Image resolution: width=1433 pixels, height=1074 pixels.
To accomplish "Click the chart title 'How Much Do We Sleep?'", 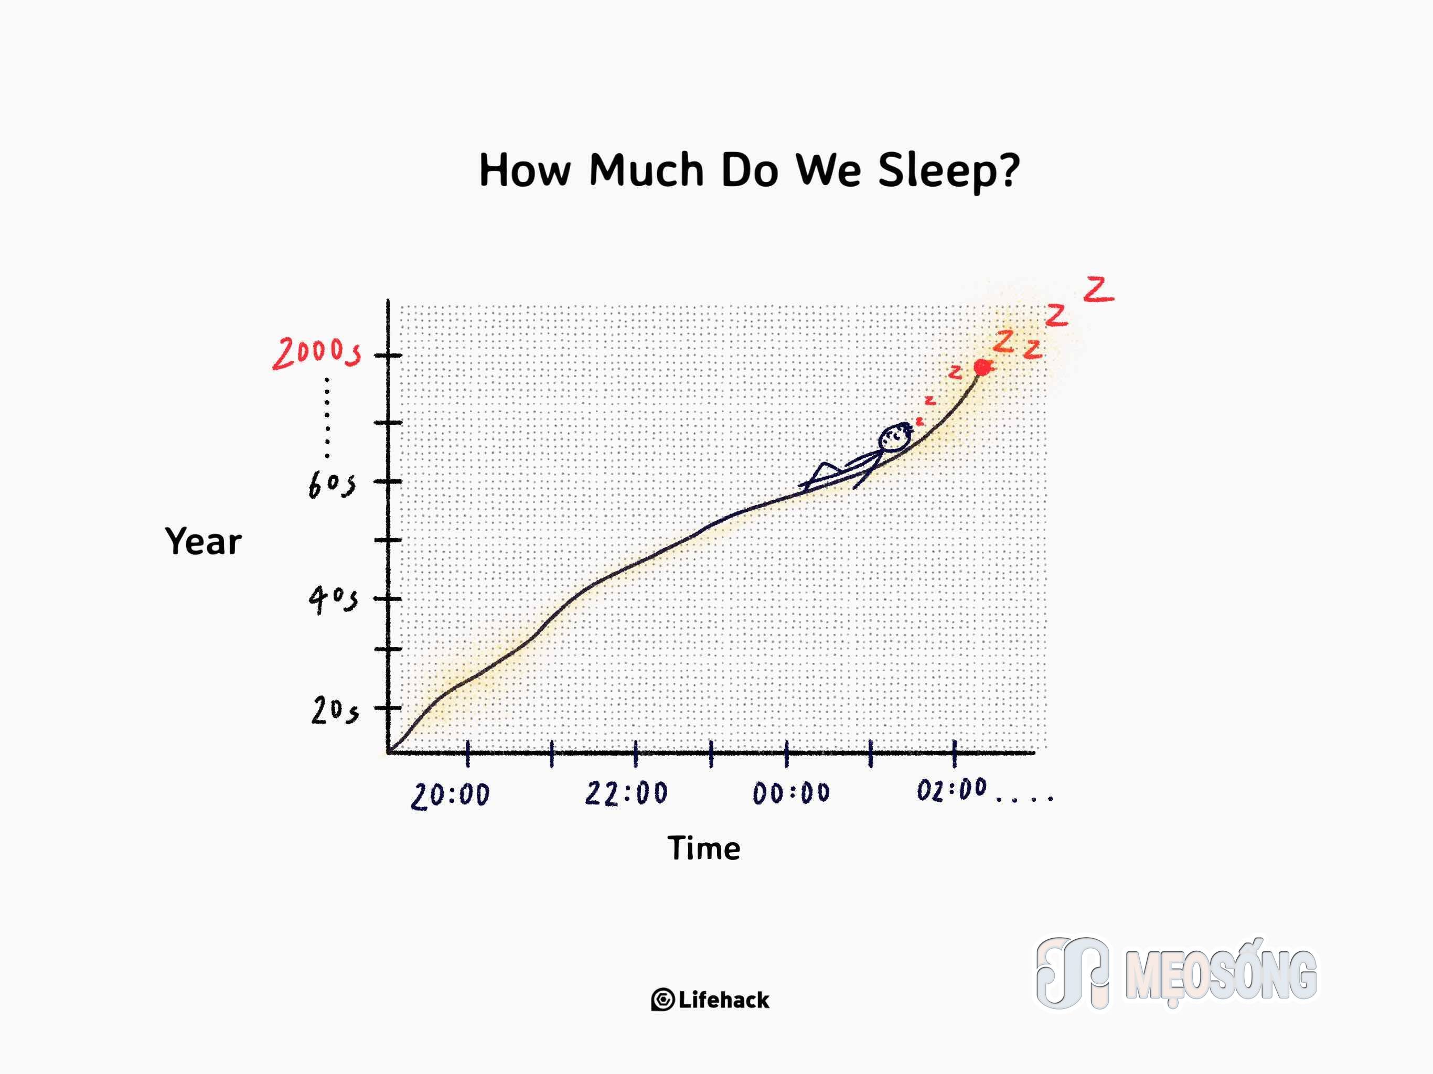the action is coord(750,171).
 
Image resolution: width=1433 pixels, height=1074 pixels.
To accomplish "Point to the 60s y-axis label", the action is coord(331,485).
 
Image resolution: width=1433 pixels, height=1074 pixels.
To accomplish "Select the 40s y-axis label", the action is coord(333,599).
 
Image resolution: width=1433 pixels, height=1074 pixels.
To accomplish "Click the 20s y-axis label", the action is coord(334,711).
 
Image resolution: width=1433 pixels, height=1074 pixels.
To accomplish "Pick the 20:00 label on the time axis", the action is coord(450,795).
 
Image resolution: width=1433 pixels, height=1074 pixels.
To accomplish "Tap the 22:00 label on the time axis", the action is coord(626,793).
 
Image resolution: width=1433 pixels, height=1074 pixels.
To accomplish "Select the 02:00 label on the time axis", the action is coord(951,790).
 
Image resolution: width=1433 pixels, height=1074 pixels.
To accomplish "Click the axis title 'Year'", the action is coord(204,542).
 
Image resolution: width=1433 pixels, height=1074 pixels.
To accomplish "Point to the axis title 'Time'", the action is coord(704,848).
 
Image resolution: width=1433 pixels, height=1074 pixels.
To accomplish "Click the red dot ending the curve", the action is coord(982,367).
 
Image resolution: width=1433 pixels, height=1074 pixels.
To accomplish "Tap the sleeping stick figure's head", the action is coord(894,437).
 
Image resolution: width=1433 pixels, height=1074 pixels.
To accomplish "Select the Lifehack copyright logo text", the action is coord(711,1000).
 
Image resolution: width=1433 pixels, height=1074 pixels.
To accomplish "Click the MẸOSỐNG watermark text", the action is coord(1221,975).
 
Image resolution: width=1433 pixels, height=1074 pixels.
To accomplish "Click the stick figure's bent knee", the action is coord(824,465).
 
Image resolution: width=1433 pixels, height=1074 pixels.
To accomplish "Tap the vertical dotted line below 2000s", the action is coord(327,418).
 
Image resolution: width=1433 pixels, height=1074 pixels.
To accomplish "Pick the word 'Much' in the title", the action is coord(647,170).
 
